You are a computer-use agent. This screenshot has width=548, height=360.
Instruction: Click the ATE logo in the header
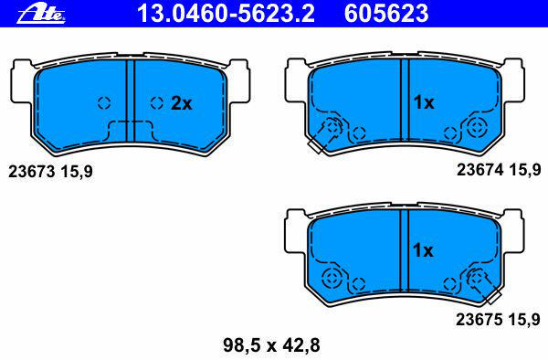tap(41, 15)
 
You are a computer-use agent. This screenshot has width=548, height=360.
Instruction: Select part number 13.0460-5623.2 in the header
tap(226, 14)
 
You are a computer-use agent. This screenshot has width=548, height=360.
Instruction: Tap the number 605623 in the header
tap(386, 14)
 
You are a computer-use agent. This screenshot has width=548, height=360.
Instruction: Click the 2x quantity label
tap(182, 103)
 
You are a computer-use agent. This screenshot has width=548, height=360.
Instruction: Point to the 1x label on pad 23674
tap(424, 102)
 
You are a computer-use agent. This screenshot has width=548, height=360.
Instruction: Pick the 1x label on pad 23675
tap(423, 250)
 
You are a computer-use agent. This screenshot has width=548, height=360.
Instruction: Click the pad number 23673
tap(32, 172)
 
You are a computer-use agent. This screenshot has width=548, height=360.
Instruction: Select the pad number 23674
tap(480, 170)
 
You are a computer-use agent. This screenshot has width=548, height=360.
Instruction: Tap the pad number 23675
tap(479, 320)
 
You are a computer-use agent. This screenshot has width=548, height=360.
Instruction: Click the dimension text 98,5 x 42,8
tap(271, 345)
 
